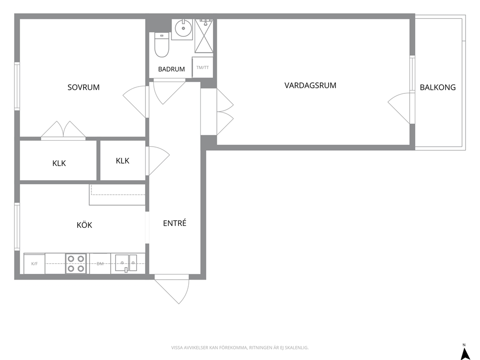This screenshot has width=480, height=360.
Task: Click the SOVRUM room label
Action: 84,87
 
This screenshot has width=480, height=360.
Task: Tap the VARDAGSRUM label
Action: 311,86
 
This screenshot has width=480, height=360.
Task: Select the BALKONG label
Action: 438,87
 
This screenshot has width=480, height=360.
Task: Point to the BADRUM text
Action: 171,69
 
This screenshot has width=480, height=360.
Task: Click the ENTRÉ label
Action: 175,223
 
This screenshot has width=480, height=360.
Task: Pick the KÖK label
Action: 84,225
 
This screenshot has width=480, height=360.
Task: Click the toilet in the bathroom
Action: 162,45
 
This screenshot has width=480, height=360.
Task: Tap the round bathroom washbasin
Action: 183,29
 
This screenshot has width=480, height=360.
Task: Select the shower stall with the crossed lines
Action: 204,36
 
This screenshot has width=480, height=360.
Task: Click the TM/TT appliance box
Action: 202,67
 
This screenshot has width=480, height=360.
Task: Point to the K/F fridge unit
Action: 34,263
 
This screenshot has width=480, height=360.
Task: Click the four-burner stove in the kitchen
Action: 76,263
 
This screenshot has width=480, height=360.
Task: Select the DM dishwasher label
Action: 100,263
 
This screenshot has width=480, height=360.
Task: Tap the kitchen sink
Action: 126,263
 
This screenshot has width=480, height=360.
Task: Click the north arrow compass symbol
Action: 465,352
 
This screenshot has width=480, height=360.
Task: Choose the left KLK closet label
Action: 59,163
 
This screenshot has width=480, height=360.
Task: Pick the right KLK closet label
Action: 122,161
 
